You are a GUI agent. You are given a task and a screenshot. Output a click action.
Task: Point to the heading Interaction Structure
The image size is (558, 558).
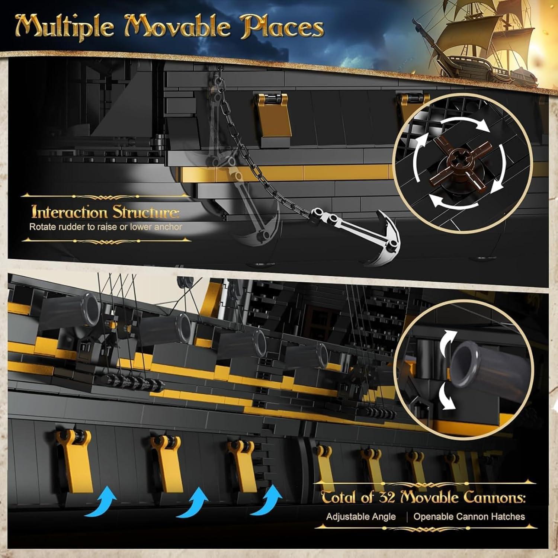pos(105,212)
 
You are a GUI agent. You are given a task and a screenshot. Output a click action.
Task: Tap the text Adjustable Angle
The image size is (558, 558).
pos(360,516)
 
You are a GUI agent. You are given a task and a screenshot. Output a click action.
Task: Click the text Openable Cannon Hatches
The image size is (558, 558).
pos(469,516)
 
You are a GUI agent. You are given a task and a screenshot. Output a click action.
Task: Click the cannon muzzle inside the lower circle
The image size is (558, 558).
pos(465,363)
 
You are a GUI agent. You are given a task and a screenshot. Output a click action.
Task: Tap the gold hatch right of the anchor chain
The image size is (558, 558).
pos(272,115)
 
